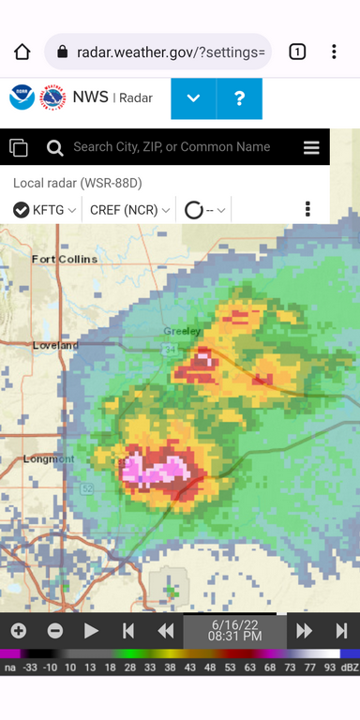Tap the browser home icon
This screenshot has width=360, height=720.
[22, 52]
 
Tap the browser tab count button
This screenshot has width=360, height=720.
[296, 52]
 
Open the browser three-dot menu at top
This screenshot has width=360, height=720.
[334, 52]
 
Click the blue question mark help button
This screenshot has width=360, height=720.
[239, 98]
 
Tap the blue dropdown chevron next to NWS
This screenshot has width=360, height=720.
[194, 98]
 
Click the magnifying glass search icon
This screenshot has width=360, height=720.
[54, 147]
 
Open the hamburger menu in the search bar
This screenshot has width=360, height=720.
[311, 147]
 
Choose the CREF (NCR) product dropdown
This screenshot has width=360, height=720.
[129, 210]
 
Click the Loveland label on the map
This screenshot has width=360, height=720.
[54, 345]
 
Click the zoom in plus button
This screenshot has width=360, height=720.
[19, 631]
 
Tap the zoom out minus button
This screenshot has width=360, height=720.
[55, 631]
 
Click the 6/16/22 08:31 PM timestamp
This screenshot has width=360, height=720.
[234, 630]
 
